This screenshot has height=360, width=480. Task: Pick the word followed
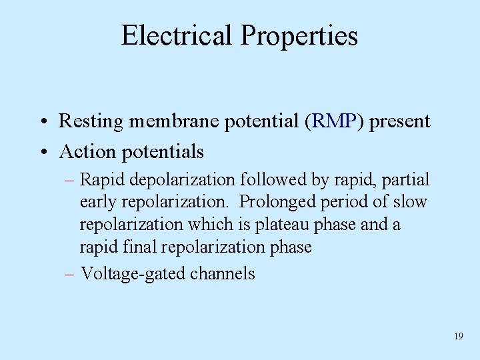click(x=275, y=180)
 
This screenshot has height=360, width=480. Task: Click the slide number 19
click(x=458, y=337)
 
